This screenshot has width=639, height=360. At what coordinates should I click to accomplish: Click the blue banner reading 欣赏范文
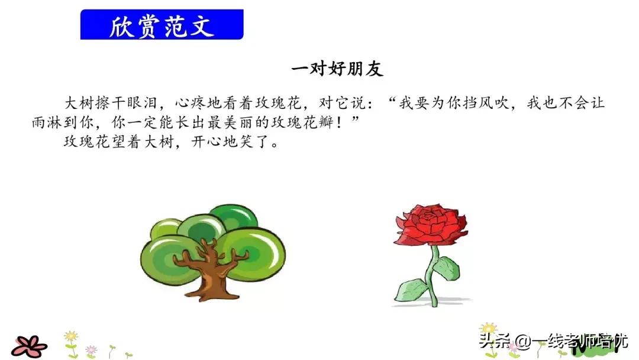click(162, 25)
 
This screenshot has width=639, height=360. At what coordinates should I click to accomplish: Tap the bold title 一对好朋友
click(337, 69)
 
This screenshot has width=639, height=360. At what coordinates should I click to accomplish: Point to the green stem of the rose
click(434, 278)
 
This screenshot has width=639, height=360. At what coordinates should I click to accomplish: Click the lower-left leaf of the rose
click(412, 291)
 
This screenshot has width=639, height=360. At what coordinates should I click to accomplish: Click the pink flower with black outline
click(28, 345)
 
